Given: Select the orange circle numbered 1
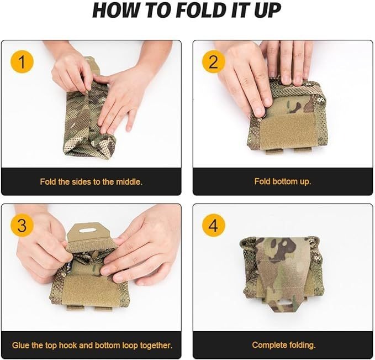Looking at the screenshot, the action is [22, 61].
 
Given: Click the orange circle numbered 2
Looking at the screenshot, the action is [213, 61].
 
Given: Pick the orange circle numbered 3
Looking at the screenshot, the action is [22, 226].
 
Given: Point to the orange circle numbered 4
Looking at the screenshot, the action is [213, 226].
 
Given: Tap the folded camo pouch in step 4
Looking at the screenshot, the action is [282, 273].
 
